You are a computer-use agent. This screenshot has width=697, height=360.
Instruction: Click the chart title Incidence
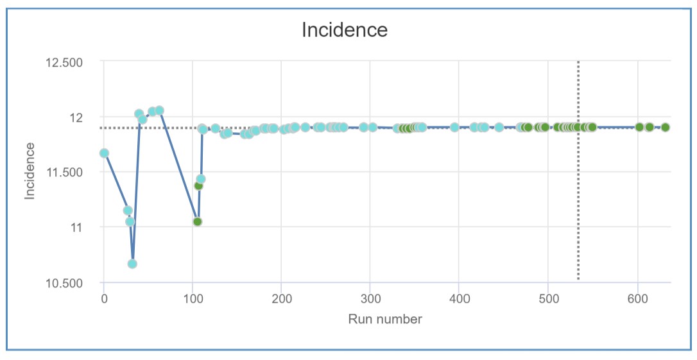pyautogui.click(x=345, y=30)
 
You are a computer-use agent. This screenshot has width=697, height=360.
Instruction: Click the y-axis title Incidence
pyautogui.click(x=30, y=171)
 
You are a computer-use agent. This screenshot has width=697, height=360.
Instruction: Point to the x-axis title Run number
pyautogui.click(x=385, y=319)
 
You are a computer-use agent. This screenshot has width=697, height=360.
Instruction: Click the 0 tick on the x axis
pyautogui.click(x=104, y=298)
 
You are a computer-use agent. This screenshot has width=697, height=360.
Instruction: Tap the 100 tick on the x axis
pyautogui.click(x=193, y=298)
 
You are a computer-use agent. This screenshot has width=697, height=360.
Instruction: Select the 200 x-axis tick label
pyautogui.click(x=282, y=298)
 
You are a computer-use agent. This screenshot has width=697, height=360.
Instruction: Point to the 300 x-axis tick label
pyautogui.click(x=370, y=298)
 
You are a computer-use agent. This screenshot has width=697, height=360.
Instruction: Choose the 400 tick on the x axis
pyautogui.click(x=460, y=298)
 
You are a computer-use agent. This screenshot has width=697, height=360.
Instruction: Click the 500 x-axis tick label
pyautogui.click(x=548, y=298)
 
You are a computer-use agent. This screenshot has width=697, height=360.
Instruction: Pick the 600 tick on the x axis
pyautogui.click(x=637, y=298)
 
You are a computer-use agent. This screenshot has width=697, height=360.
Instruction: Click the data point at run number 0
pyautogui.click(x=104, y=153)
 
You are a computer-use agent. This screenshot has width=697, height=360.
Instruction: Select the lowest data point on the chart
pyautogui.click(x=132, y=264)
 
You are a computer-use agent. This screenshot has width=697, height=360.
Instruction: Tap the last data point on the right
pyautogui.click(x=665, y=127)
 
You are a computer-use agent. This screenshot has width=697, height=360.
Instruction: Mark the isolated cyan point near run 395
pyautogui.click(x=454, y=127)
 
